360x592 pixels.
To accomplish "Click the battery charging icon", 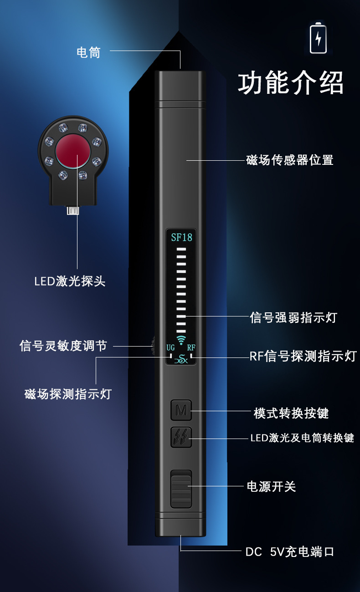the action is coord(318,38).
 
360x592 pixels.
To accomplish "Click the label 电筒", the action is coord(88,52).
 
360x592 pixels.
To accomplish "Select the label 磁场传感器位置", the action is coord(290,160).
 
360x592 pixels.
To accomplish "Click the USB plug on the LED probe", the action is coord(73,210).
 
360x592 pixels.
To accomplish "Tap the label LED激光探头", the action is coord(70,281).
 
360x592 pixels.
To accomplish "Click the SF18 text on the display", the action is coord(181,237).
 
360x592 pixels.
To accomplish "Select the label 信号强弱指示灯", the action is coord(293,317).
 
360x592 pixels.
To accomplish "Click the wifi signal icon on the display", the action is coord(181,340).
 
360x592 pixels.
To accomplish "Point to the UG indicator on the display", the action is coord(170,347).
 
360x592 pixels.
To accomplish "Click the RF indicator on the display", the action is coord(191,347).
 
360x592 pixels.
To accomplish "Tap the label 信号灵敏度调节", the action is coord(63,346).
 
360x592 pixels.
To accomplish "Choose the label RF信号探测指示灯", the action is coord(303,356).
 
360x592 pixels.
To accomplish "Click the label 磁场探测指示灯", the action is coord(68,393).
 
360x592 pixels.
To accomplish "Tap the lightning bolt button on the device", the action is coord(181,437).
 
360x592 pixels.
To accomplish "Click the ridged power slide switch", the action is coord(181,489).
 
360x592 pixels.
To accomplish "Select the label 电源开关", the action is coord(271,486).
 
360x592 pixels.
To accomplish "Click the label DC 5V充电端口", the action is coord(290,552).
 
